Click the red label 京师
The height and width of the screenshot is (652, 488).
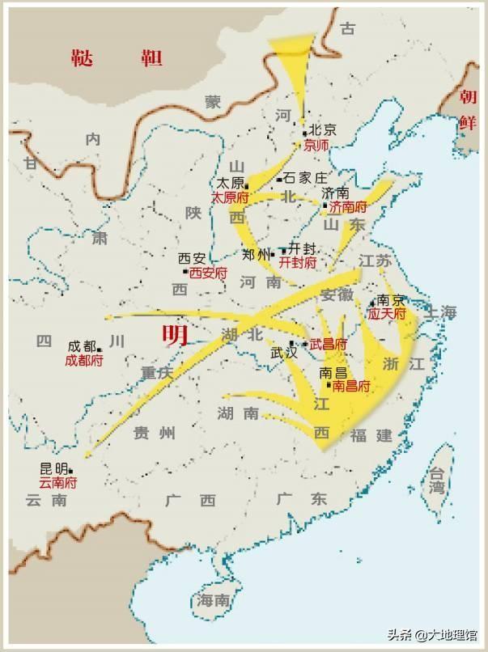(316, 146)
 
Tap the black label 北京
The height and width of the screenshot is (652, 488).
(322, 130)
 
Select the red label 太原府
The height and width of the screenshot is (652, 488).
(230, 197)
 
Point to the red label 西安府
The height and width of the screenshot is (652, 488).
(208, 273)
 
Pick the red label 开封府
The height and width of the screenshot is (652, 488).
(297, 263)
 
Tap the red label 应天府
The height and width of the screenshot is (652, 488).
(386, 311)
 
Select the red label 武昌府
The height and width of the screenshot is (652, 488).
(329, 345)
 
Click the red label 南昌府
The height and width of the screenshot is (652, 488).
(345, 387)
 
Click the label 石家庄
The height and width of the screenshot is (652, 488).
(305, 179)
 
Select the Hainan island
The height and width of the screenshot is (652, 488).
(212, 600)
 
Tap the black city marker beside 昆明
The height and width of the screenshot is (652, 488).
(71, 470)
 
